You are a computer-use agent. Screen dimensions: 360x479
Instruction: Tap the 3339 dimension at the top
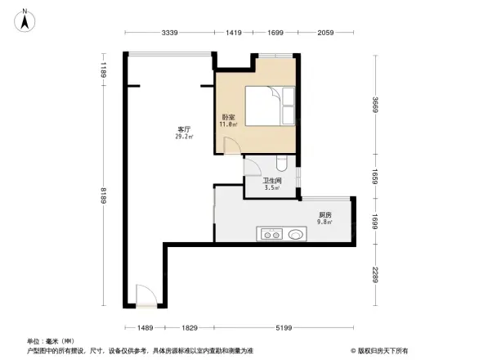(170, 33)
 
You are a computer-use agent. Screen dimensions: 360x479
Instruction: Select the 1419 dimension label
(235, 33)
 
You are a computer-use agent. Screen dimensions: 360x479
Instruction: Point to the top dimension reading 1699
(275, 33)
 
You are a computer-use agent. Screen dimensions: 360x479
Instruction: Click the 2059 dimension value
(325, 33)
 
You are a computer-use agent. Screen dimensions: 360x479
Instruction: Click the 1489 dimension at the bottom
(145, 327)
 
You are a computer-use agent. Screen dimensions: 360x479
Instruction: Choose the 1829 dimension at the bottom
(190, 327)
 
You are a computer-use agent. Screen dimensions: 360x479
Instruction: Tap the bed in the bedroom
(270, 107)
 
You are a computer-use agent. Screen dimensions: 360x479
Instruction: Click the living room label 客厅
(184, 130)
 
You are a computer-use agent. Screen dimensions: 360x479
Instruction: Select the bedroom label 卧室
(228, 118)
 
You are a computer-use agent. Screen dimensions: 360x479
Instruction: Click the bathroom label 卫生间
(272, 181)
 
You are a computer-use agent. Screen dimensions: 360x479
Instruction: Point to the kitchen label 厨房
(325, 215)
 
